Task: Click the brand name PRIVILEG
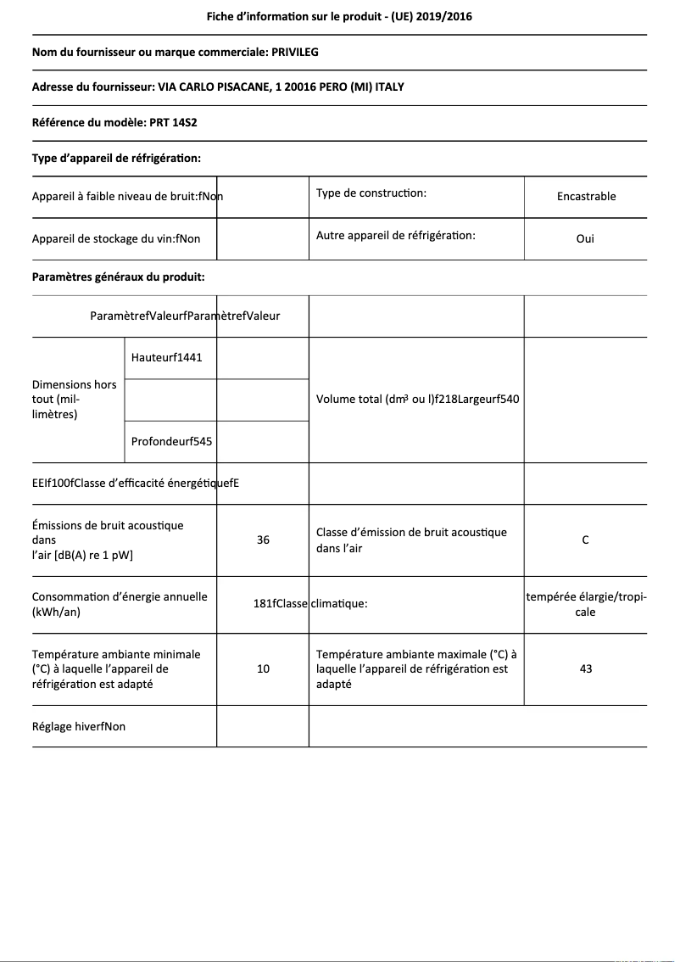[x=294, y=52]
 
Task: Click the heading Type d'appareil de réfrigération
[x=116, y=158]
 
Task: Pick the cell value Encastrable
[x=586, y=196]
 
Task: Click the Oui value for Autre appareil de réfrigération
[x=585, y=238]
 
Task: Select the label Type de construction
[x=371, y=193]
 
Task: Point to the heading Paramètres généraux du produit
[x=118, y=277]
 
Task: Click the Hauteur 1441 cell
[x=167, y=357]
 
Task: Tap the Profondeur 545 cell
[x=172, y=441]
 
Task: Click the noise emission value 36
[x=263, y=540]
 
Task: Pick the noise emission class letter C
[x=585, y=540]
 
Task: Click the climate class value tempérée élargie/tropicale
[x=586, y=604]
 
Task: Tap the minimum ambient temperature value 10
[x=263, y=668]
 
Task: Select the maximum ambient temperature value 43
[x=585, y=668]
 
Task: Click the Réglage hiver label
[x=79, y=726]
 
